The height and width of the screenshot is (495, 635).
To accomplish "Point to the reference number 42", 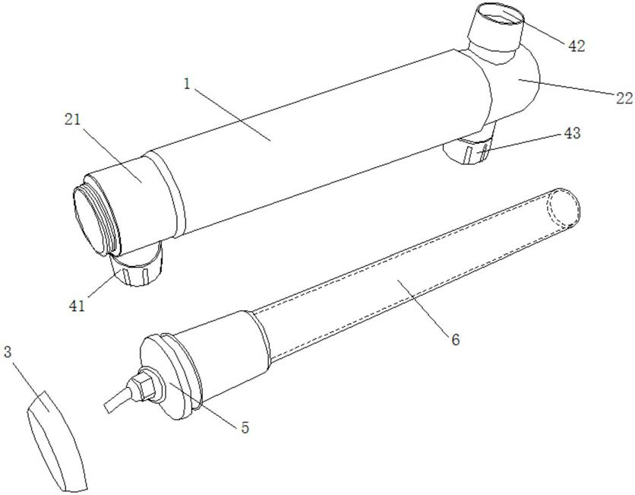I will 577,46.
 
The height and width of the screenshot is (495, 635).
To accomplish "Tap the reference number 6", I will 455,339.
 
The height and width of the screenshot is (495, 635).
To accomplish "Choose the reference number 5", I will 245,427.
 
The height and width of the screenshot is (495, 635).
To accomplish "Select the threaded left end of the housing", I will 95,215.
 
